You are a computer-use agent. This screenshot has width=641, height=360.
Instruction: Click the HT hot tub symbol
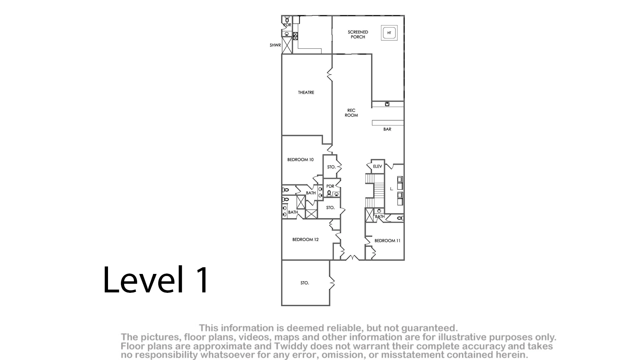coord(389,33)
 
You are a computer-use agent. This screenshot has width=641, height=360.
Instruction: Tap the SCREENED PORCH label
coord(358,34)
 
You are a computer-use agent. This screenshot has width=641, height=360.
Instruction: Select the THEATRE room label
coord(306,92)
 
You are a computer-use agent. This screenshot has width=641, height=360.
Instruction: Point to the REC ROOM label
coord(351,112)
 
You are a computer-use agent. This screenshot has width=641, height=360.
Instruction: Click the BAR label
coord(387,129)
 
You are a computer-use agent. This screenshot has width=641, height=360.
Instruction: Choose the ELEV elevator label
coord(377,166)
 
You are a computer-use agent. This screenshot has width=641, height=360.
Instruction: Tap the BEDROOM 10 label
coord(300,160)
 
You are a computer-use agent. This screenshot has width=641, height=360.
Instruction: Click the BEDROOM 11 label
coord(387,241)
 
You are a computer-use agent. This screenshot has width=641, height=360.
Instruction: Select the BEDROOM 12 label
coord(305,239)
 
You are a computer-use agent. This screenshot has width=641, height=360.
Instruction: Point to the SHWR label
coord(275,45)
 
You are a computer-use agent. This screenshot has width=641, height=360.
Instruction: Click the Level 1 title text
coord(156,280)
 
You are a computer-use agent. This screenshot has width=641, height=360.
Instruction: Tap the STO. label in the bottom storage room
coord(305,283)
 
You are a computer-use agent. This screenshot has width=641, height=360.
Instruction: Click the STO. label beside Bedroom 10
coord(331,167)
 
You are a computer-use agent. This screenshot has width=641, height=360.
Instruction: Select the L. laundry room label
coord(392,189)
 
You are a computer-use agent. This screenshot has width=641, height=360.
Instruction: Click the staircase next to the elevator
coord(374,191)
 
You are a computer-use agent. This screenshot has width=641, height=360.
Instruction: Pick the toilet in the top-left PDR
coord(287,20)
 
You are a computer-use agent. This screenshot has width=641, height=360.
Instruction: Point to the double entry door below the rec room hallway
coord(352,258)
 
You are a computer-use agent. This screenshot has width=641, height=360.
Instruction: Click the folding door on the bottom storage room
coord(331,283)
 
